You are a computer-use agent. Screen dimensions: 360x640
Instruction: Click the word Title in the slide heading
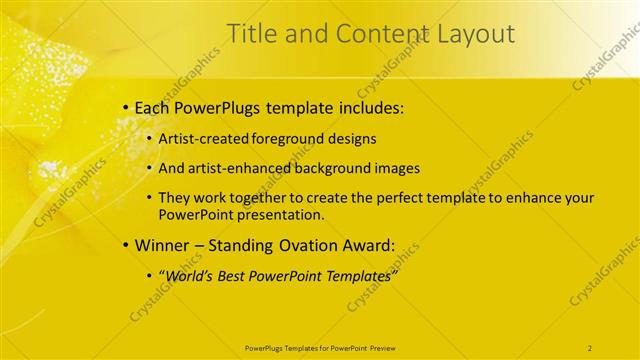tap(252, 35)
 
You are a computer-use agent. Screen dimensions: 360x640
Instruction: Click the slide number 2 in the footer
tap(590, 347)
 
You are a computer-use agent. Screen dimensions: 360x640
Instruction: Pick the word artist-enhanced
tap(233, 168)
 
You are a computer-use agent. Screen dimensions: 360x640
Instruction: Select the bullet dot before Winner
tap(124, 244)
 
